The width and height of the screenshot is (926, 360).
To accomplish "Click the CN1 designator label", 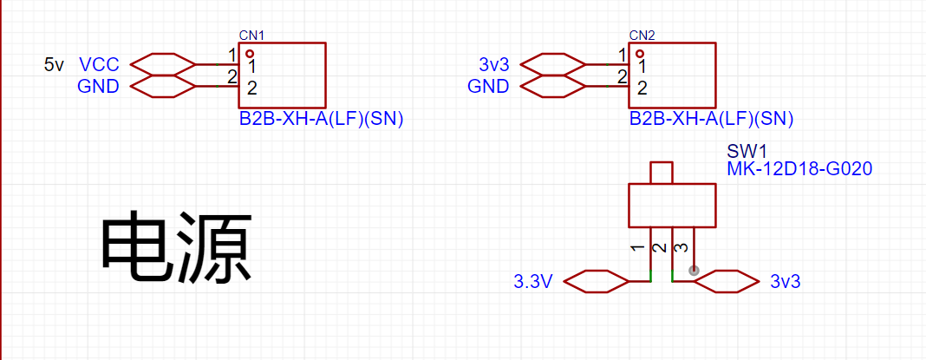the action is point(251,36).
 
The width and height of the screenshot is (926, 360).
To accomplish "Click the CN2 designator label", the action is point(642,36).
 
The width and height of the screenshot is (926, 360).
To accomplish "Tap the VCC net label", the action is point(99,64).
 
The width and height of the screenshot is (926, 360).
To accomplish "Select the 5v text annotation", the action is point(54,64).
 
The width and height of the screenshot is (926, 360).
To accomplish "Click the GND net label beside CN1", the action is point(98,87).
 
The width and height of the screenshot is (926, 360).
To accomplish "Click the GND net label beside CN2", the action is point(488,87).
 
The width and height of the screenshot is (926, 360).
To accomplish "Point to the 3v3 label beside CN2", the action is point(493,64).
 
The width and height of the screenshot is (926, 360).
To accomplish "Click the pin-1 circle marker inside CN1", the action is point(250,53).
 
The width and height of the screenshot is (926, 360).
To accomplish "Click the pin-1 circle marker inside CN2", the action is point(640,53).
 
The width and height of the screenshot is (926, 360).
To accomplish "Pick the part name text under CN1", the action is point(321,120).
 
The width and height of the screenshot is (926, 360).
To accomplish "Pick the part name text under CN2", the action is point(711,120).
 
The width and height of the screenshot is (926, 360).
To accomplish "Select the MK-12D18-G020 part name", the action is point(799,170).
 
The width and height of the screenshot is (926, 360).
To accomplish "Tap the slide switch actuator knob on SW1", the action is point(662,173).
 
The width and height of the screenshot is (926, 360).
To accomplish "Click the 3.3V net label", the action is point(533,283).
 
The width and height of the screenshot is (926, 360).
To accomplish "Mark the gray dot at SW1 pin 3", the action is point(694,271).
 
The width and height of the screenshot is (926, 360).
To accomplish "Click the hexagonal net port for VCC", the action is point(162,64).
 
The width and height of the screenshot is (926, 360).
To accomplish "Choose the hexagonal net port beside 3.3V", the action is point(597,282).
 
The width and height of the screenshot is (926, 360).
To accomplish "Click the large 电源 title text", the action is point(177,248).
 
